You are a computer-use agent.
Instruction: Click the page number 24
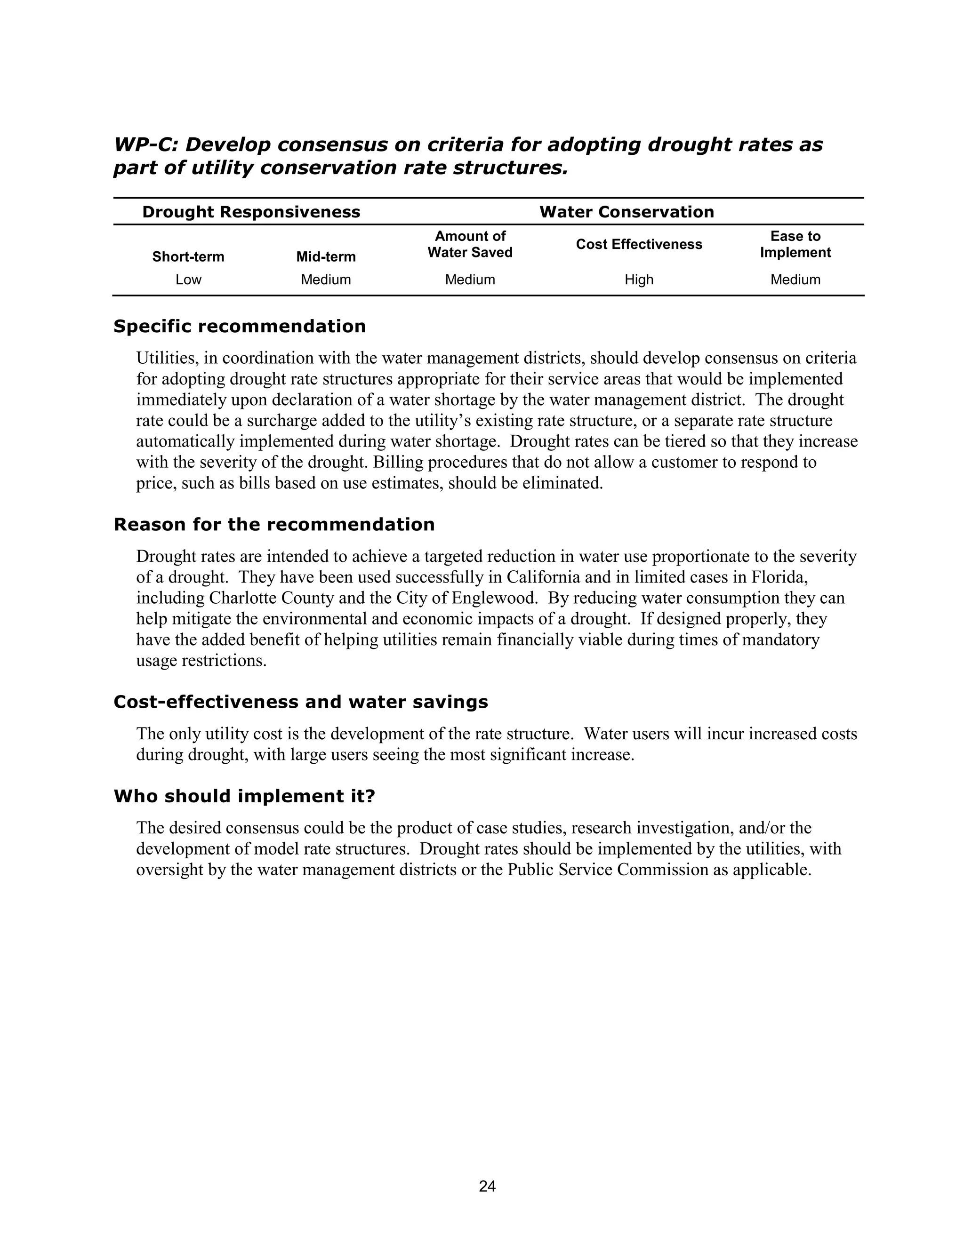(487, 1186)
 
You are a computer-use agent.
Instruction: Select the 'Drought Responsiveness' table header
(251, 212)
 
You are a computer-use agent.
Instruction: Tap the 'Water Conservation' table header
(627, 212)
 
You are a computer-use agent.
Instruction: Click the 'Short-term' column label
(188, 257)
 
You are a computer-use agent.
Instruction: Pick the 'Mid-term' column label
(326, 257)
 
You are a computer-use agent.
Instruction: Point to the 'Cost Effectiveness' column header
(638, 244)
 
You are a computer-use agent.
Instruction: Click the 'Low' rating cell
(188, 280)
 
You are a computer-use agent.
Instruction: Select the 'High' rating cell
(638, 280)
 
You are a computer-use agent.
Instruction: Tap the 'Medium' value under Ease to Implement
(795, 280)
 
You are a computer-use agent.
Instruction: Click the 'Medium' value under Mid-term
(326, 280)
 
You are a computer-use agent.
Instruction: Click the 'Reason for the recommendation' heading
(274, 525)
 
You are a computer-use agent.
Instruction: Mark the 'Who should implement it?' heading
(244, 796)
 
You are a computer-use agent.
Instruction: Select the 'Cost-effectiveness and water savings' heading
(300, 702)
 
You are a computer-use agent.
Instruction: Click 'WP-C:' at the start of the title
(146, 145)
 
